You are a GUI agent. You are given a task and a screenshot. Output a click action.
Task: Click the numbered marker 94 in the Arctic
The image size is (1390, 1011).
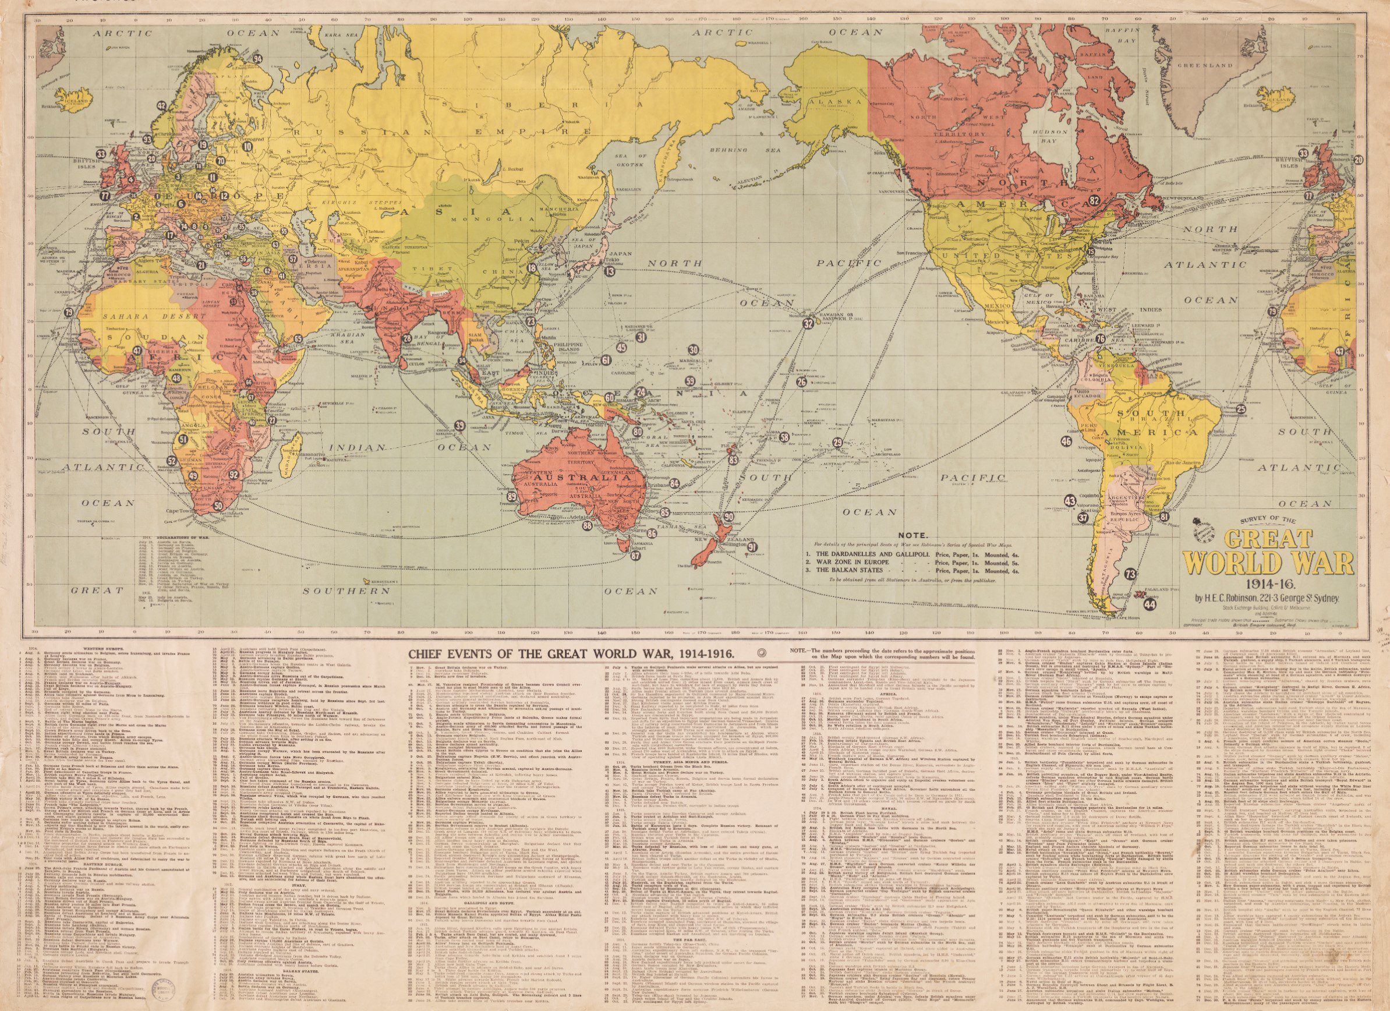pos(258,59)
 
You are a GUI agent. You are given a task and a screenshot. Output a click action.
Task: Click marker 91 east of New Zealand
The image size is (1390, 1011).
pos(752,547)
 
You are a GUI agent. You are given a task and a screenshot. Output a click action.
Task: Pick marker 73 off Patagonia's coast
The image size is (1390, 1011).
pos(1131,574)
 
